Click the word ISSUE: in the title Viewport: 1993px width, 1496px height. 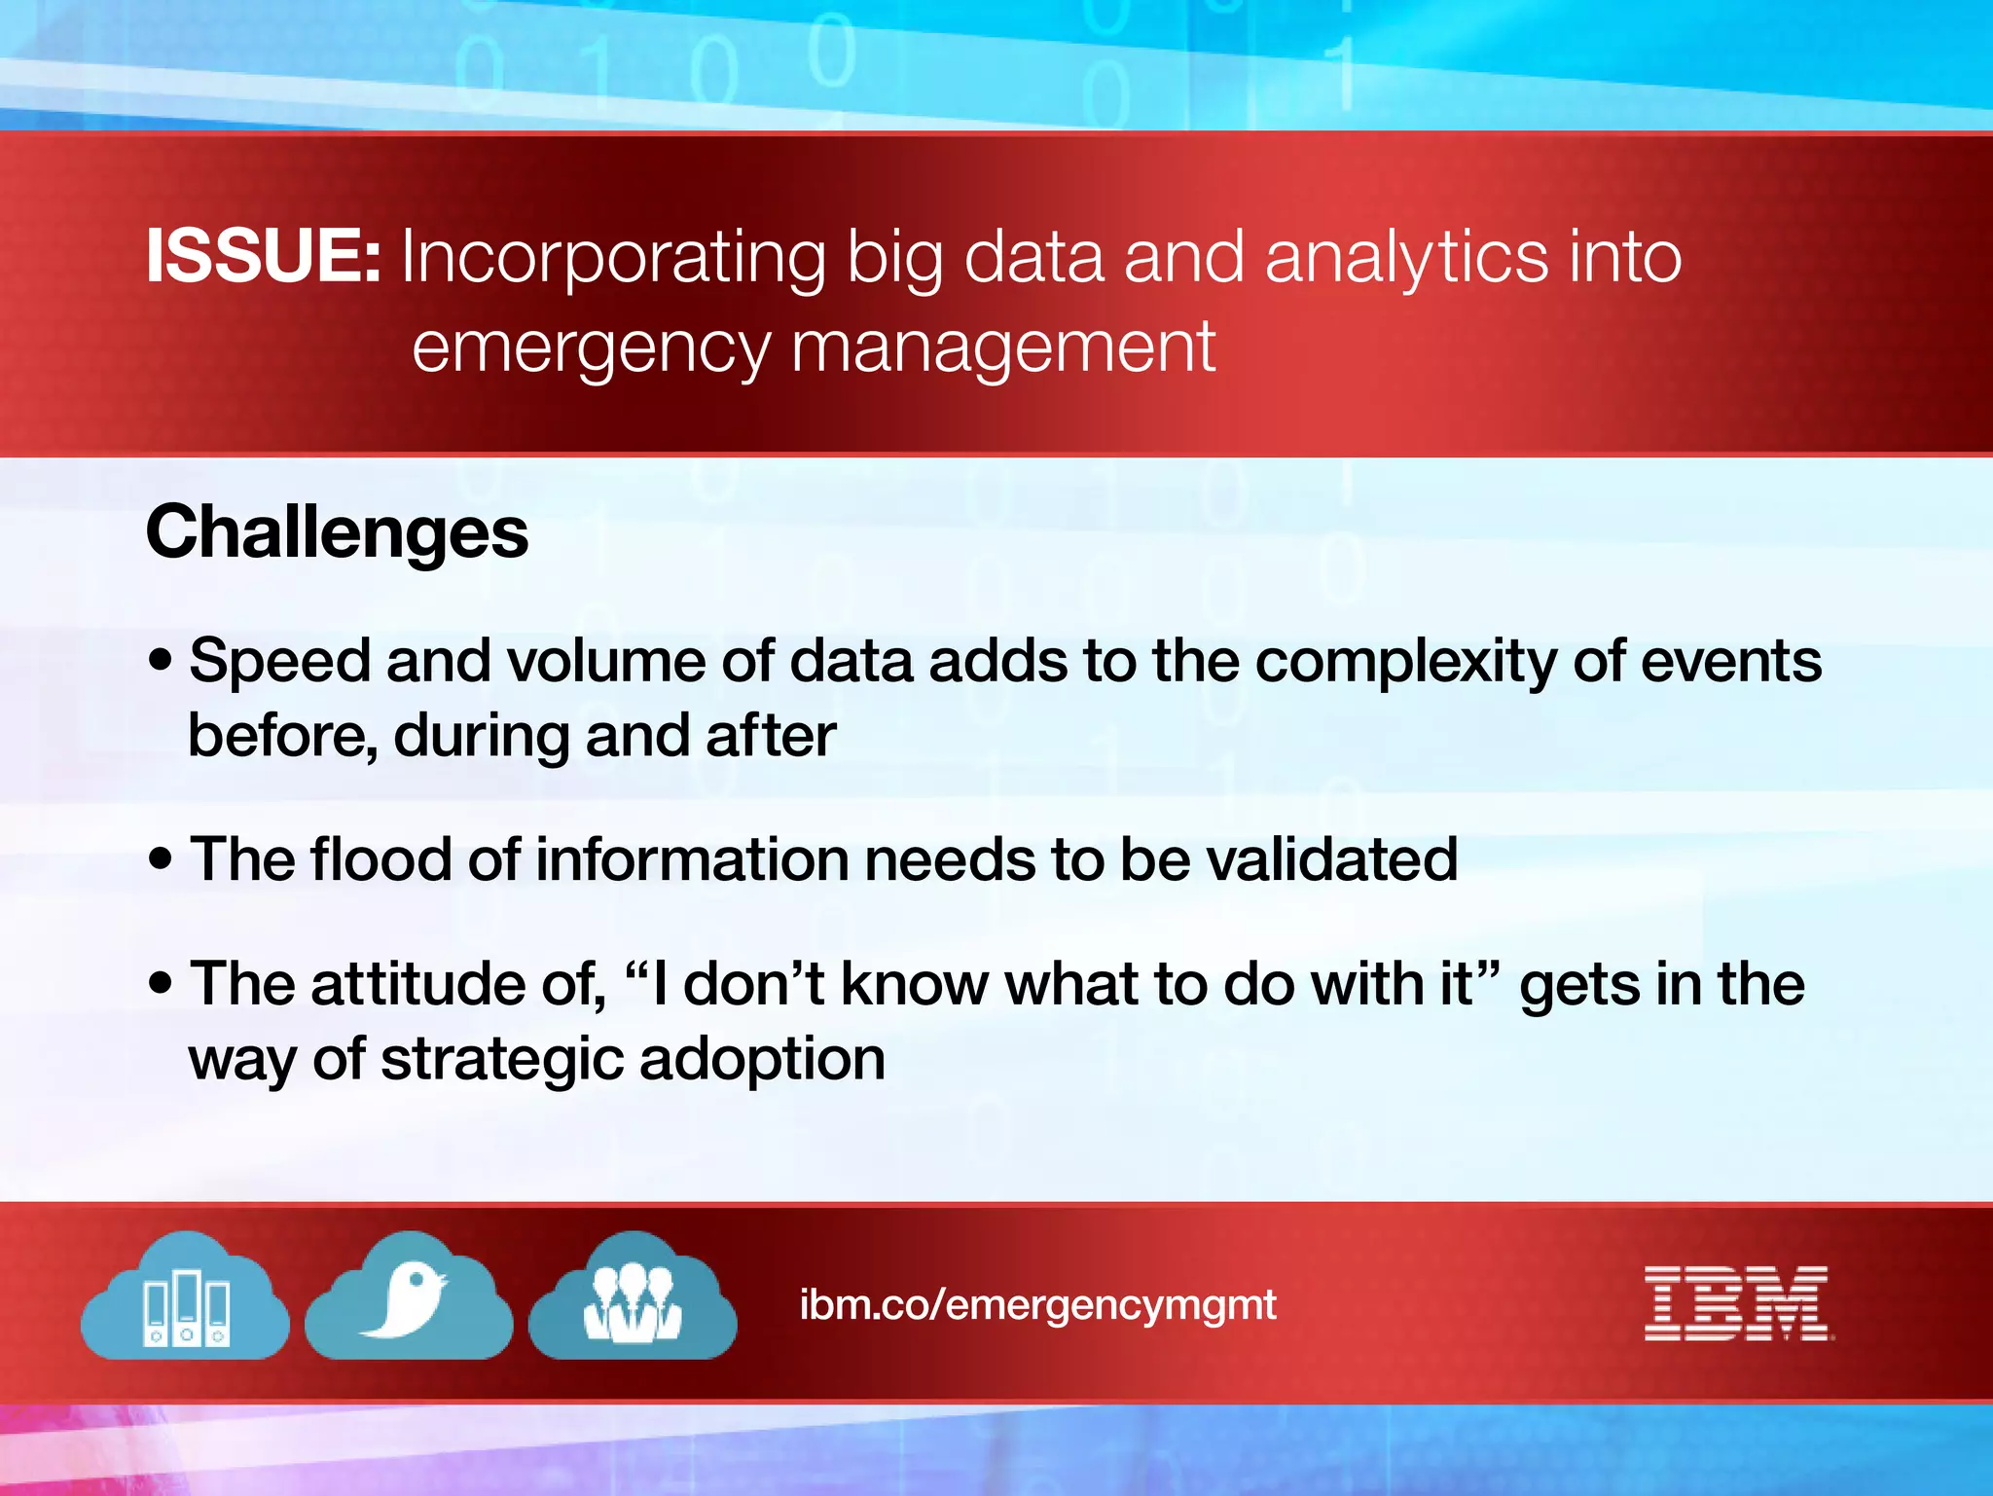[x=263, y=257]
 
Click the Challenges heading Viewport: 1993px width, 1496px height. [x=337, y=533]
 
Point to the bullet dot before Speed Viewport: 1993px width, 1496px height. [x=161, y=662]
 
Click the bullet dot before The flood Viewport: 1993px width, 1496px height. [x=161, y=859]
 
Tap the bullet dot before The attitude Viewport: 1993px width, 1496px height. [x=161, y=983]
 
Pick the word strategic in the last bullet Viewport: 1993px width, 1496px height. [x=501, y=1060]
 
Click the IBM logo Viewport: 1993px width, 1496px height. [x=1737, y=1303]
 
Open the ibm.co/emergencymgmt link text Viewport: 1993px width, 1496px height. [x=1037, y=1304]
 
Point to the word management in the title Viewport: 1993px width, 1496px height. [x=1002, y=347]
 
